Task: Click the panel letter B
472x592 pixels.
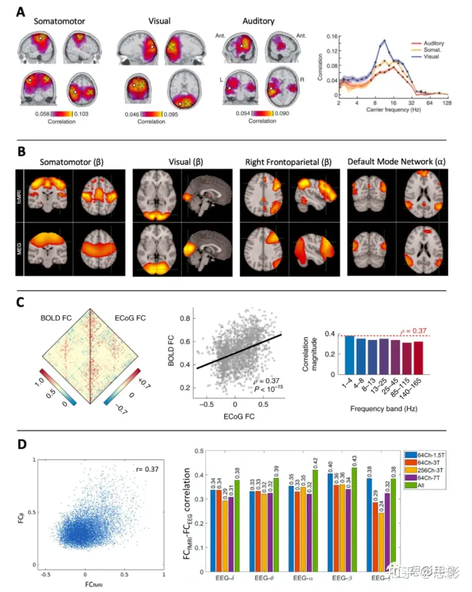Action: [22, 152]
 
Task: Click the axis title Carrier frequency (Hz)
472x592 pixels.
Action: [391, 112]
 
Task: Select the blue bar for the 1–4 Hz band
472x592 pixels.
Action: [349, 354]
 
